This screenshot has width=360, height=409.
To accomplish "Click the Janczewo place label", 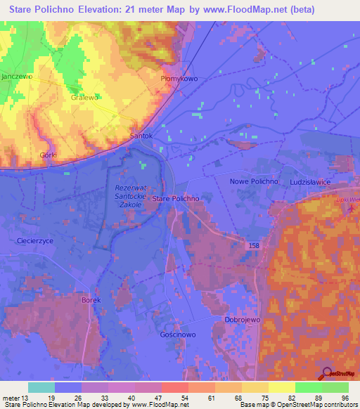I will tap(17, 76).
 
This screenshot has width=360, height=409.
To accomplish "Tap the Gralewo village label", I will tap(84, 98).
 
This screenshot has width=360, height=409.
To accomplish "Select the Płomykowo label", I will tap(179, 79).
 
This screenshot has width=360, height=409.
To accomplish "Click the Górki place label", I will tap(48, 154).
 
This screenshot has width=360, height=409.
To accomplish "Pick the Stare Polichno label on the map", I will tap(176, 199).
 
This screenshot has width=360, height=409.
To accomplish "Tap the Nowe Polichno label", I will tap(255, 181).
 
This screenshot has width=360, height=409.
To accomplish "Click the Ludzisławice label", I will tap(314, 181).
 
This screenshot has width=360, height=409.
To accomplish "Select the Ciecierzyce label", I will tap(34, 240).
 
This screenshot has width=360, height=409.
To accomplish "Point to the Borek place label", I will tap(91, 300).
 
